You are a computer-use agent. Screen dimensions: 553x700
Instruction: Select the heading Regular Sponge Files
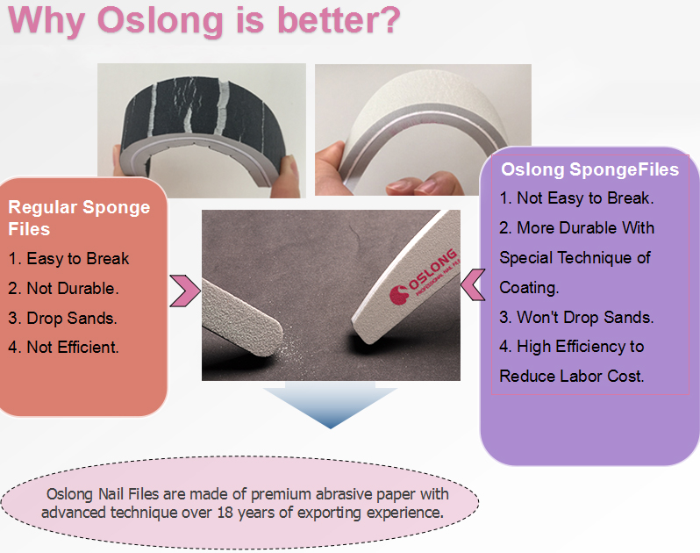(79, 218)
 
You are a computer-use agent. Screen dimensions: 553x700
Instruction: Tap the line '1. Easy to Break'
(69, 258)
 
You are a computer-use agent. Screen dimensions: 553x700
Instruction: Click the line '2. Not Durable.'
(64, 288)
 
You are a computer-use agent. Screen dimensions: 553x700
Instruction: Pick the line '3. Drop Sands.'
(63, 317)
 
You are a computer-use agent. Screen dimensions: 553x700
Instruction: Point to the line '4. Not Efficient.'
(64, 347)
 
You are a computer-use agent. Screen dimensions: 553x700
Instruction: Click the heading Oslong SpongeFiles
(589, 168)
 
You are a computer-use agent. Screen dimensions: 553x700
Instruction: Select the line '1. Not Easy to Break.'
(576, 197)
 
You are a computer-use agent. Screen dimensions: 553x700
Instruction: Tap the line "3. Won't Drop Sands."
(576, 317)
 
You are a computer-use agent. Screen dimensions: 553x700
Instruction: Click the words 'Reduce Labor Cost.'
(572, 376)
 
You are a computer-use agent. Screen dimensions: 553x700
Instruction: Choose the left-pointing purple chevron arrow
(472, 284)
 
